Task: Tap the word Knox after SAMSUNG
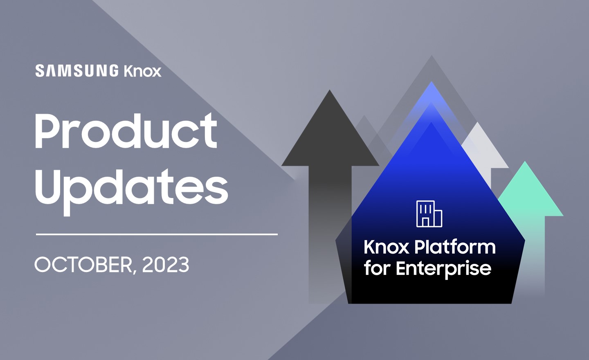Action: (x=142, y=71)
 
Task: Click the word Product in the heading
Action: (x=126, y=131)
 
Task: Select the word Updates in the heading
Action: (x=131, y=188)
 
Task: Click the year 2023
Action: (x=166, y=265)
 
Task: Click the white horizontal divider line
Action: (x=157, y=234)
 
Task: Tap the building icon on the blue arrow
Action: (x=429, y=214)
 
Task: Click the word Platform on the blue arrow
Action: (x=455, y=247)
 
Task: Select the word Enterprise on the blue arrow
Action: (x=443, y=268)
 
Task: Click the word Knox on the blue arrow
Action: (x=387, y=247)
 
